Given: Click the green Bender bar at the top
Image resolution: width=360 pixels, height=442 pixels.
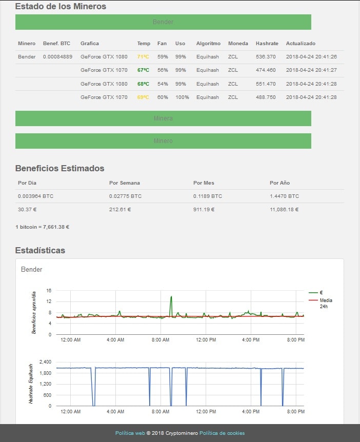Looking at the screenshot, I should (163, 22).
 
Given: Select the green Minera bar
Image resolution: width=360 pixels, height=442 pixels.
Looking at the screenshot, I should (163, 118).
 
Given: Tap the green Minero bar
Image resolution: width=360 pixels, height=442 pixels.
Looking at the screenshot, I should (163, 141).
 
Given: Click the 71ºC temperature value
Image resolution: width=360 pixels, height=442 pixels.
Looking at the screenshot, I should (143, 57).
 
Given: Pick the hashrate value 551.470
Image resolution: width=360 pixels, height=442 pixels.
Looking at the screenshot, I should (266, 84).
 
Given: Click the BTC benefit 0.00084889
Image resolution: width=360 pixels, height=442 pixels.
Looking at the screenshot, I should (57, 57).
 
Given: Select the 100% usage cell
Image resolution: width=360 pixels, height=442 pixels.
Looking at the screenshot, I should (182, 97).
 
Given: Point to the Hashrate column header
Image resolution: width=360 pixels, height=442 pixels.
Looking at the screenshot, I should (267, 44).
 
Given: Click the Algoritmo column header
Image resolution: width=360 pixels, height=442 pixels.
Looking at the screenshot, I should (208, 44).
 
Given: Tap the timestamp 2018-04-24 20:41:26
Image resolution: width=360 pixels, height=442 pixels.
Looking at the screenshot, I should (311, 57).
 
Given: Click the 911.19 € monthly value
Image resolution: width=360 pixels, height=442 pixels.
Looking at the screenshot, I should (204, 209).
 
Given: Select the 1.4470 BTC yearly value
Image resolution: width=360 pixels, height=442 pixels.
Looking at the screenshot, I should (284, 196).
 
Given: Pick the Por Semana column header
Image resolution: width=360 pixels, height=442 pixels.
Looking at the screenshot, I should (124, 183).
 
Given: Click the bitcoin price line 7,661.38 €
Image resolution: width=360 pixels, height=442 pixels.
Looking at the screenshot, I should (42, 227).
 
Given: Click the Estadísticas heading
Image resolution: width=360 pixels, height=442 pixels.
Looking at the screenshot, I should (40, 250).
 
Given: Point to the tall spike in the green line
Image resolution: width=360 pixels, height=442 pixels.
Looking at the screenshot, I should (171, 297).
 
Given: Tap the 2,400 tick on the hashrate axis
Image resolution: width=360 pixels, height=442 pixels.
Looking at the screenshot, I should (45, 361).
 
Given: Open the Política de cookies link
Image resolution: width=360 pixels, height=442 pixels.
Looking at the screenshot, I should (222, 433).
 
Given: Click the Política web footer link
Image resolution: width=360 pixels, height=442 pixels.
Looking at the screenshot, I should (130, 433).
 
